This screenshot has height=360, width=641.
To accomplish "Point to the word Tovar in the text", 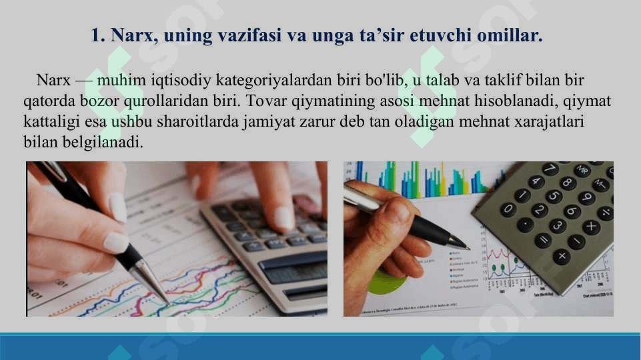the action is [266, 101].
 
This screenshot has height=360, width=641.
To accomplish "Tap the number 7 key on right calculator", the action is [550, 169].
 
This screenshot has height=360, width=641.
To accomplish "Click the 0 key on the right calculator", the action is [508, 209].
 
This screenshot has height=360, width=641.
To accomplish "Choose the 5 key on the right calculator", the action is [553, 197].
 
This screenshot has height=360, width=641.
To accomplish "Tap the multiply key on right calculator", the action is [590, 227].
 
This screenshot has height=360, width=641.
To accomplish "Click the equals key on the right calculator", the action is [544, 239].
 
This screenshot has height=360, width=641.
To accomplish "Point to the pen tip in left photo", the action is [167, 303].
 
